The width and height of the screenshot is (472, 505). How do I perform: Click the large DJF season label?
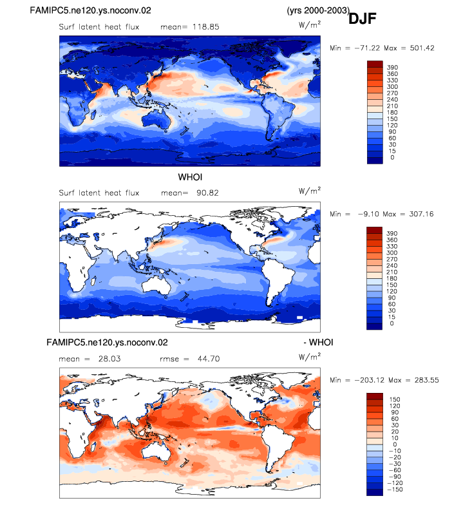(x=362, y=19)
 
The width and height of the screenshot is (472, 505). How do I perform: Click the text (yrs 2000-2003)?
(x=318, y=10)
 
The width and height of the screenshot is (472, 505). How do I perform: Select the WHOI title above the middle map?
(x=190, y=177)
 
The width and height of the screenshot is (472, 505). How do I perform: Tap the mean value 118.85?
(x=206, y=27)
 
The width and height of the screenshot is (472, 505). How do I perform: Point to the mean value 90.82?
(x=207, y=193)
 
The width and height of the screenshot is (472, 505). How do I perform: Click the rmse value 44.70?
(x=209, y=359)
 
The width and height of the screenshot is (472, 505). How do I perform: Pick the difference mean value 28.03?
(x=109, y=359)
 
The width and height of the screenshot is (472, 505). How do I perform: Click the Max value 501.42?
(x=422, y=48)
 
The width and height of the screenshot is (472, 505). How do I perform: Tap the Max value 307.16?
(x=421, y=214)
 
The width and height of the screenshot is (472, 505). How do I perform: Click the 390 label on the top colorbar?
(x=392, y=67)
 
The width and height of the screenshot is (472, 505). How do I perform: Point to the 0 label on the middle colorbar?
(x=392, y=323)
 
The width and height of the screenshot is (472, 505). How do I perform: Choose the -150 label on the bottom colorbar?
(x=395, y=490)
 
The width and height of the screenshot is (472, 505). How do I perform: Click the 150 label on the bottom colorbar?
(x=394, y=399)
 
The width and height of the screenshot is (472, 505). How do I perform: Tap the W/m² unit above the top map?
(x=309, y=24)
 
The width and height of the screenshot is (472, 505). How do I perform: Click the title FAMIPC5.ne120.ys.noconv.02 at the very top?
(x=90, y=10)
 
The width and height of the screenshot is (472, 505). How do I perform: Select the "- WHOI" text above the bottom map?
(x=318, y=342)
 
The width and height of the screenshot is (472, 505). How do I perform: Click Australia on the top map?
(x=156, y=119)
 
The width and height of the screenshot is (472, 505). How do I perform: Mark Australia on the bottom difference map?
(x=156, y=451)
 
